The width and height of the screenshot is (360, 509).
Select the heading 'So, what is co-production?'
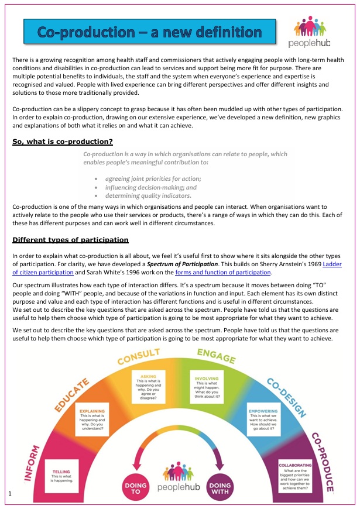62,142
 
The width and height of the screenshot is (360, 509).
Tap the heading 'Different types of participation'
70,240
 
